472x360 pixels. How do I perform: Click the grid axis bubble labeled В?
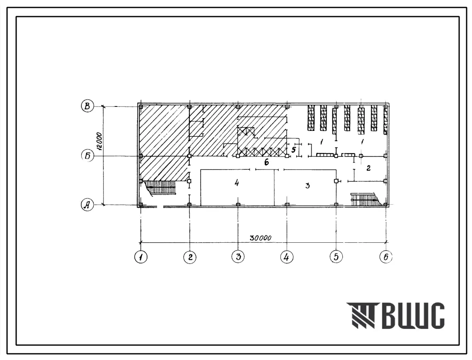(x=87, y=106)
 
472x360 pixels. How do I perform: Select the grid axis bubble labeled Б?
(x=87, y=156)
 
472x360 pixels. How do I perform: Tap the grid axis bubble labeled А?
(x=87, y=205)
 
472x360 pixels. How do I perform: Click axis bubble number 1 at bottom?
(x=140, y=257)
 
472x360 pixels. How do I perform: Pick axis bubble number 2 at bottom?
(x=190, y=257)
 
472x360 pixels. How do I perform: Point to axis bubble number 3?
(x=238, y=256)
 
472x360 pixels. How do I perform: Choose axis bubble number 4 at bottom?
(x=287, y=257)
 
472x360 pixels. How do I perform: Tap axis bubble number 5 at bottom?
(x=336, y=256)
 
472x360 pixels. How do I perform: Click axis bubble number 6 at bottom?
(x=386, y=257)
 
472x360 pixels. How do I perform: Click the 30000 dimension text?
(x=260, y=238)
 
